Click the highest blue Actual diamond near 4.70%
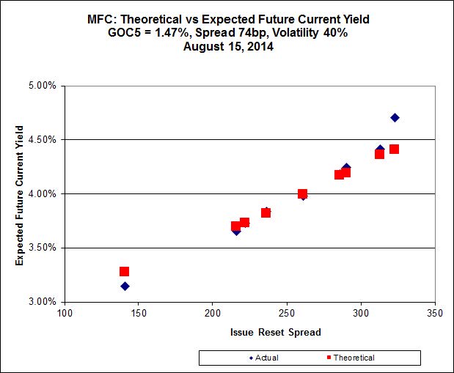point(395,117)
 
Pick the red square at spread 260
point(302,193)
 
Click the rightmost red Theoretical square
point(394,149)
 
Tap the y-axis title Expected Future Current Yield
point(20,193)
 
